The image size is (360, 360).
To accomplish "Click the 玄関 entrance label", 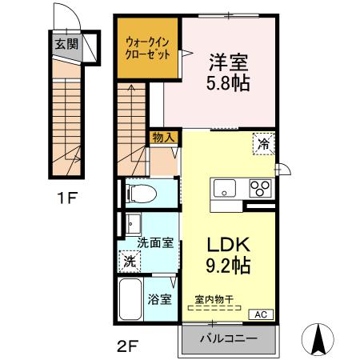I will coord(66,45).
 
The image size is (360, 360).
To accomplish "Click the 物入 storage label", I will coord(163,138).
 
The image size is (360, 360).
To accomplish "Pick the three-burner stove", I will coord(260,189).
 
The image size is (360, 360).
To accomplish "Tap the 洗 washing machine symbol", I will coord(128,260).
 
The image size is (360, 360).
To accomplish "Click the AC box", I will coord(261,314).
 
